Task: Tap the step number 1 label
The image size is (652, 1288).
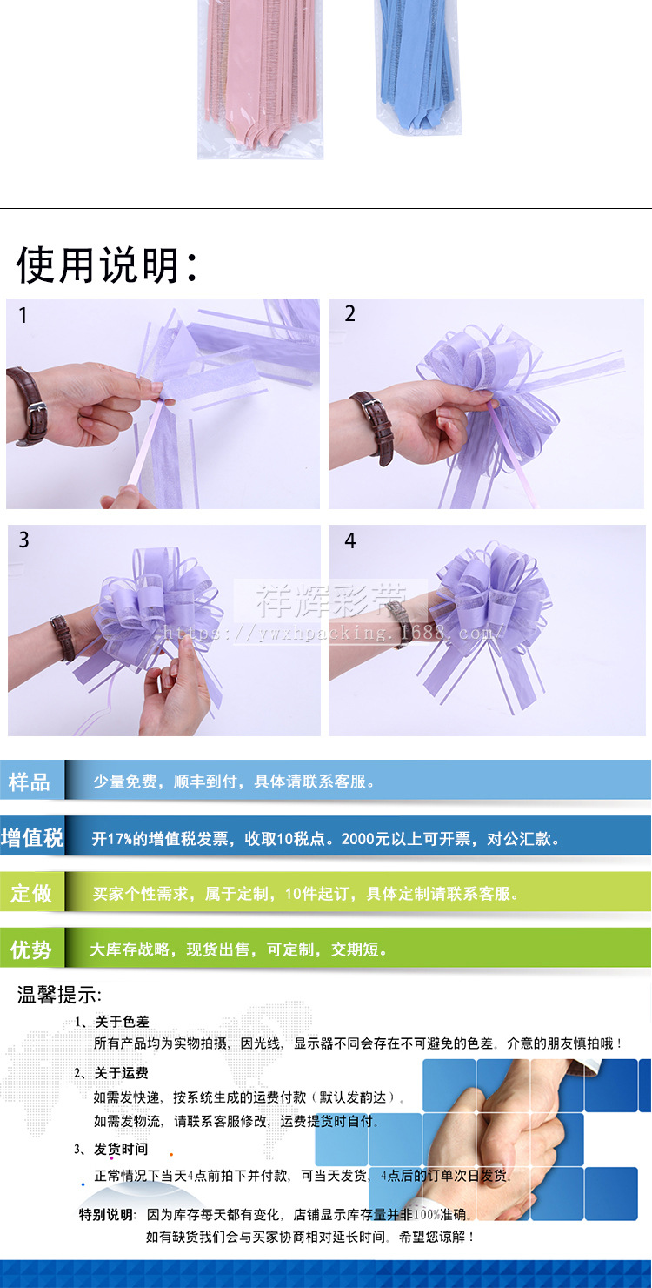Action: tap(23, 316)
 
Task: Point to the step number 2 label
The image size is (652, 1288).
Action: tap(350, 314)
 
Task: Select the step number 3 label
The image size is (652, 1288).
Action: tap(23, 540)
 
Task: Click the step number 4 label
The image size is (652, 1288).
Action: tap(350, 541)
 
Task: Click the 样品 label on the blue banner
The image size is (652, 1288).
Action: tap(30, 782)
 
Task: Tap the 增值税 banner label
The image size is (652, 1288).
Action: tap(32, 838)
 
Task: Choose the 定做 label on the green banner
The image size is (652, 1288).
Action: tap(31, 893)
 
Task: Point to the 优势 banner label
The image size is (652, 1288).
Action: tap(31, 949)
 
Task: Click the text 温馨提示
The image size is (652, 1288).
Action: tap(59, 996)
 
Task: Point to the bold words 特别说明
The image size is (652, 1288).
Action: tap(107, 1214)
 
